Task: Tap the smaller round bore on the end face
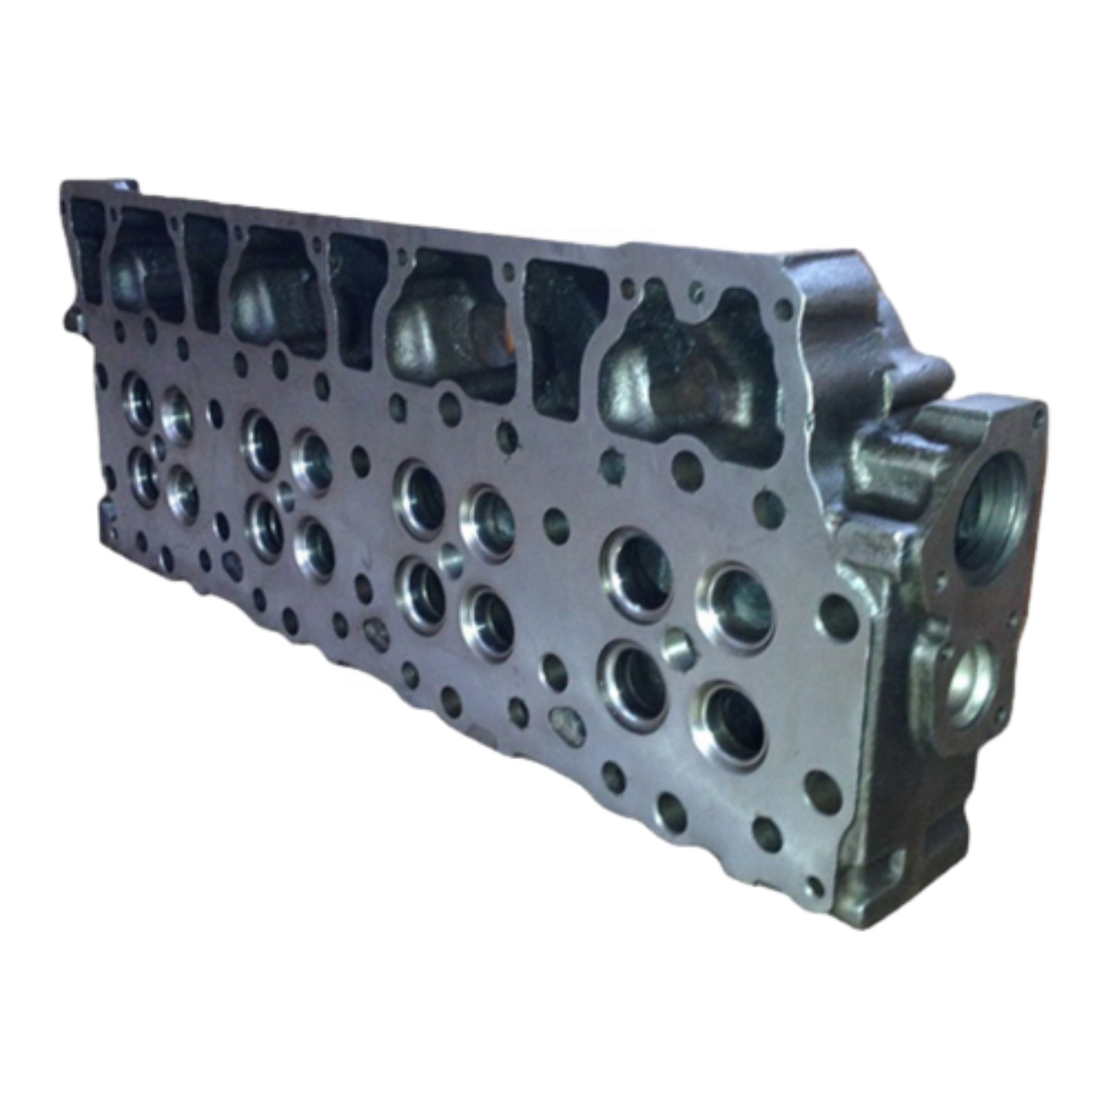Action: [x=966, y=684]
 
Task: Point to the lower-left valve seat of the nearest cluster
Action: [x=633, y=682]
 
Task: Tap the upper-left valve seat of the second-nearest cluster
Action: [x=421, y=496]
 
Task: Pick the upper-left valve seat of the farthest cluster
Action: [x=138, y=400]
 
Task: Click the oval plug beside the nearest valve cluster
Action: [x=566, y=723]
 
